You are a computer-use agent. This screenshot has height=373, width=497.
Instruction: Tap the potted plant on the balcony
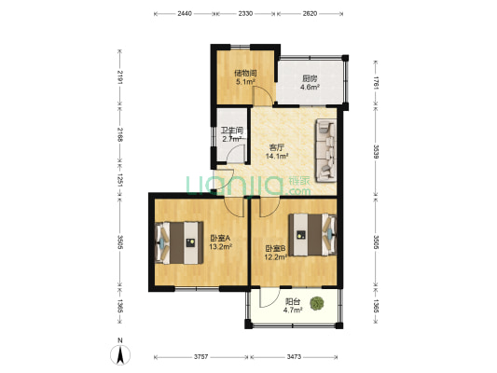[x=317, y=304]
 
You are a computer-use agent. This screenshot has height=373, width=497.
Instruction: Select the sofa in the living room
[x=325, y=151]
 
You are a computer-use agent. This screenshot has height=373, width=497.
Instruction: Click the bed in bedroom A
[x=179, y=243]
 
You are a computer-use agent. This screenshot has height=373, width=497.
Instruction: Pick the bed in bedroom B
[x=312, y=235]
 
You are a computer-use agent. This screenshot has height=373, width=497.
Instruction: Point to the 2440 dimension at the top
[x=185, y=14]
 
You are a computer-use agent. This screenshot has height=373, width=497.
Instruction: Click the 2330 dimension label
[x=245, y=14]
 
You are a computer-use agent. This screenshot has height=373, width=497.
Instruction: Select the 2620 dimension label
[x=310, y=14]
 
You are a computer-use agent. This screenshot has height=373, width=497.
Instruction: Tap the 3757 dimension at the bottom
[x=201, y=357]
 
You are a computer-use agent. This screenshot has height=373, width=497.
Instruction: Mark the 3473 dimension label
[x=294, y=357]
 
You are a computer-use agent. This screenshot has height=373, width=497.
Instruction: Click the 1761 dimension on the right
[x=376, y=83]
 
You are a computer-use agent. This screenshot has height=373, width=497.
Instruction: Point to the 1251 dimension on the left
[x=120, y=180]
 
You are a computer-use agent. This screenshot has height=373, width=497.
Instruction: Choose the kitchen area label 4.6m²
[x=310, y=87]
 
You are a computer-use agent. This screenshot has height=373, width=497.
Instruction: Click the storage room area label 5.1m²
[x=245, y=82]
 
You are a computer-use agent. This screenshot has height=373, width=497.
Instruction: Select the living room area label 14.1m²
[x=277, y=156]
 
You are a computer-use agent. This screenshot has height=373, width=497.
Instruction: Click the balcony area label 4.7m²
[x=293, y=311]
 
